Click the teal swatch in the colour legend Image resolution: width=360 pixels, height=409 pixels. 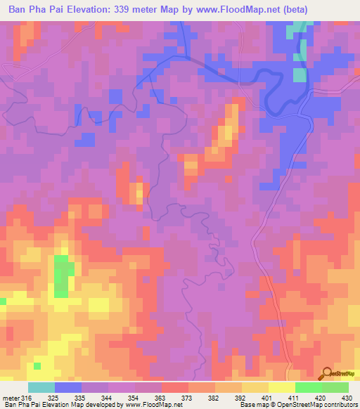[x=41, y=387]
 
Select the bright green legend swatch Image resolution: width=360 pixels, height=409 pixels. [x=308, y=387]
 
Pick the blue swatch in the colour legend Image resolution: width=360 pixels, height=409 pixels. [x=68, y=387]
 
